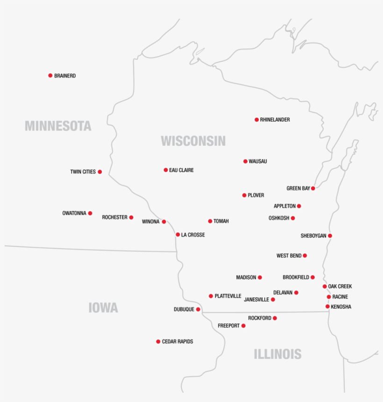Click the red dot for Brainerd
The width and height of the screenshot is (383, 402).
point(50,75)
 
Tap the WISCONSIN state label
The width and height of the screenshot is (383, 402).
point(193,141)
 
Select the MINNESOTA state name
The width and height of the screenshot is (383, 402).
point(58,126)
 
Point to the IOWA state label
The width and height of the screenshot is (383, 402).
point(103,308)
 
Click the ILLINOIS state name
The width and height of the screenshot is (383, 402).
point(277,354)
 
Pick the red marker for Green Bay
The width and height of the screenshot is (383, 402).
point(313,188)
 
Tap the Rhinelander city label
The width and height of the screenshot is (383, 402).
point(275,120)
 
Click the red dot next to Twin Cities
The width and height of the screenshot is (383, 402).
point(99,172)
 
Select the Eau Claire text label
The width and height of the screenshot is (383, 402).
point(181,170)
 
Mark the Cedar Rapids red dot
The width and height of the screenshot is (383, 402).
point(158,342)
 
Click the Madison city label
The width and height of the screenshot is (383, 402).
point(246,278)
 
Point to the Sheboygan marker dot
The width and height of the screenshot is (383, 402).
point(330,236)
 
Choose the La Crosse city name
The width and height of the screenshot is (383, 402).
point(193,235)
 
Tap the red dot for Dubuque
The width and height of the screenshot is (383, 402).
point(198,309)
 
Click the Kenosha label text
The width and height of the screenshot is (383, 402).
point(341,307)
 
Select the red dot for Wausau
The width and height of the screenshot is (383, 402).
point(245,161)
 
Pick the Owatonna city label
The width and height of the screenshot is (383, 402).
point(74,213)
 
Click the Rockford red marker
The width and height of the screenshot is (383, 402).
point(275,318)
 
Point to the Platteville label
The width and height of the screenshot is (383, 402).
point(228,296)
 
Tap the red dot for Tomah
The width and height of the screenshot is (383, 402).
point(210,221)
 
